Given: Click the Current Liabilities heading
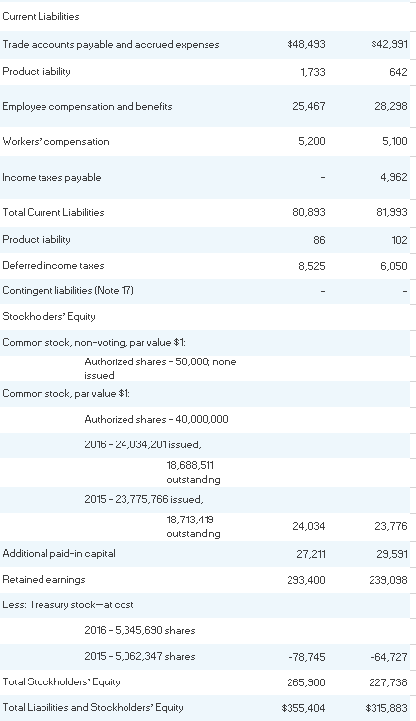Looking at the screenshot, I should tap(42, 17).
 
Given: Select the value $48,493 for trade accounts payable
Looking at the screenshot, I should tap(305, 44).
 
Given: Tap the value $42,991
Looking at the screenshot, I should tap(388, 44).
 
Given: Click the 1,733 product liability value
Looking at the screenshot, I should tap(313, 72).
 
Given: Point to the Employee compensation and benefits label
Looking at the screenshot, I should tap(87, 106).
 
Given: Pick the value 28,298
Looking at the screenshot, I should tap(391, 106).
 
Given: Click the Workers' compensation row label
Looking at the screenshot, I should tap(56, 141).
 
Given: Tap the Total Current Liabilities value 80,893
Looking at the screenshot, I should tap(309, 212).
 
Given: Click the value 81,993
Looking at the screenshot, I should tap(391, 212).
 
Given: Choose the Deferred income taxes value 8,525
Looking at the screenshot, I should tap(312, 265).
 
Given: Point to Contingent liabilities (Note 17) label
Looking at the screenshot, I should tap(68, 290).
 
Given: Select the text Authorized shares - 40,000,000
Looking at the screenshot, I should tap(156, 419).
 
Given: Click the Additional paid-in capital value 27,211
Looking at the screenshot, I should tap(311, 553).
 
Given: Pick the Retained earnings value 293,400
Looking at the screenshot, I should tap(308, 579).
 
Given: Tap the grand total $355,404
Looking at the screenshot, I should tap(305, 707).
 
